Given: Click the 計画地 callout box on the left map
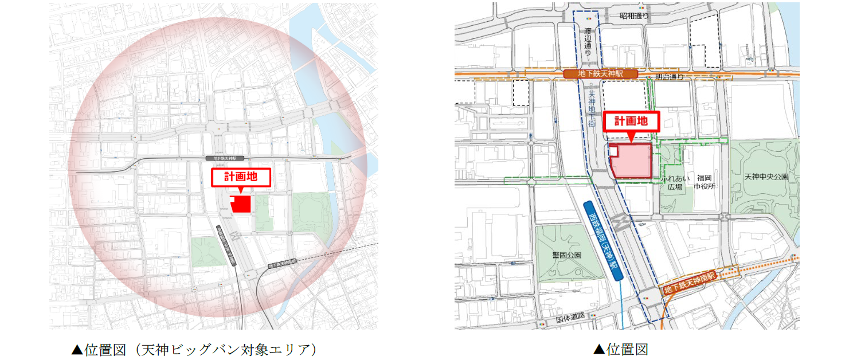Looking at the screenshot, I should (x=241, y=178).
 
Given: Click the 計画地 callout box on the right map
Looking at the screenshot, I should (x=631, y=122).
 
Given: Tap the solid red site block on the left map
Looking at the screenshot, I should (x=242, y=205).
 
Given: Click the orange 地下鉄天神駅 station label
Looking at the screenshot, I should (x=601, y=75).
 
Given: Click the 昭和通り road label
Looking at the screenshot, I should (x=634, y=16).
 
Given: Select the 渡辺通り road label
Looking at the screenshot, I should (x=587, y=41).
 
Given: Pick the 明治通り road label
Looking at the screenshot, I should (x=669, y=76).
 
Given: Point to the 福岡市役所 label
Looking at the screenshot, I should (x=703, y=182).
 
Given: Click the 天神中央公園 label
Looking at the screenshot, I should (x=766, y=177).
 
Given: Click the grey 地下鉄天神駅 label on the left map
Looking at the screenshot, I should (x=225, y=158).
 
